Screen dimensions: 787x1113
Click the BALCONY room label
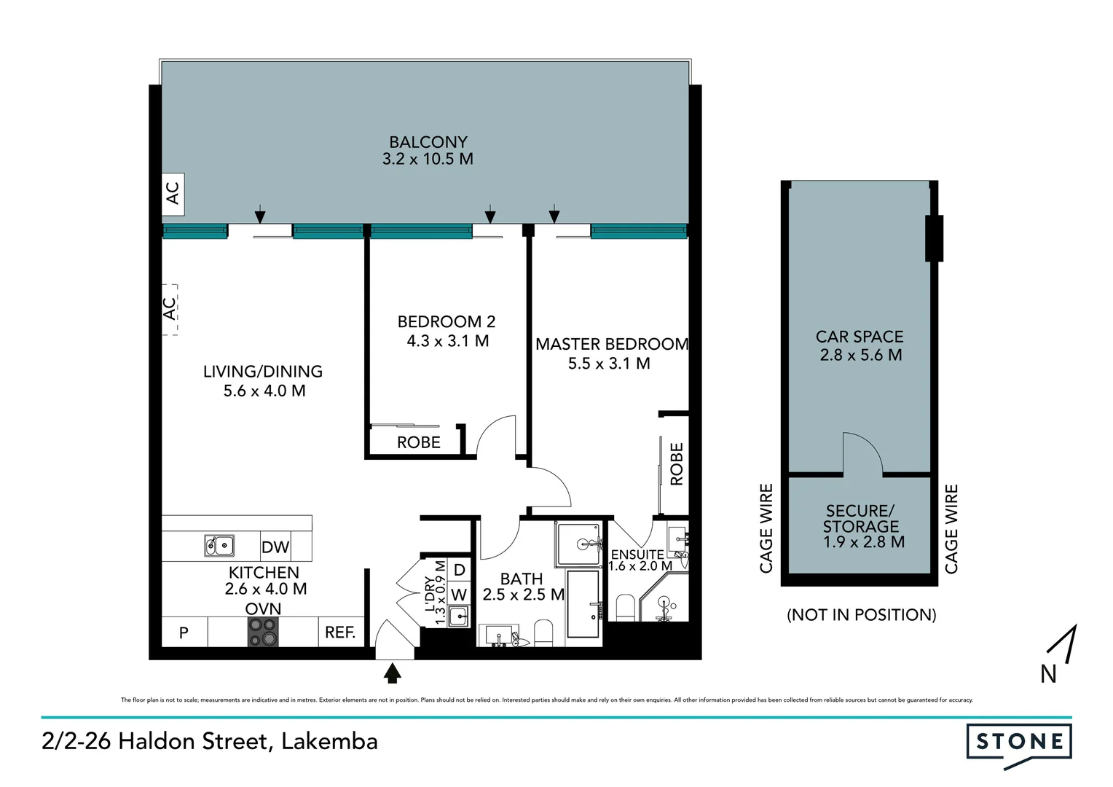pyautogui.click(x=428, y=142)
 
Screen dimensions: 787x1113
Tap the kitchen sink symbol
pyautogui.click(x=219, y=545)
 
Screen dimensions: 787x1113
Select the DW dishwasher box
pyautogui.click(x=275, y=547)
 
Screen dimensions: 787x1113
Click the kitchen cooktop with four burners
pyautogui.click(x=263, y=633)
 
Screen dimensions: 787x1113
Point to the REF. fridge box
pyautogui.click(x=340, y=633)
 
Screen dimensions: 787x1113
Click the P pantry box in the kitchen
pyautogui.click(x=184, y=633)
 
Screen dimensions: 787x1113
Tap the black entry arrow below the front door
pyautogui.click(x=393, y=673)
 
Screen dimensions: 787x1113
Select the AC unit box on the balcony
pyautogui.click(x=173, y=194)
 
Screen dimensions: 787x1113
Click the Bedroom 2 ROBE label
pyautogui.click(x=418, y=442)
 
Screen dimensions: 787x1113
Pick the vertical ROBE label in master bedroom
pyautogui.click(x=677, y=464)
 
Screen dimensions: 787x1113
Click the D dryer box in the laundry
pyautogui.click(x=459, y=570)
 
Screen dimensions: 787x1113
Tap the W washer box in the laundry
pyautogui.click(x=458, y=595)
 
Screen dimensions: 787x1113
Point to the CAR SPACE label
pyautogui.click(x=860, y=337)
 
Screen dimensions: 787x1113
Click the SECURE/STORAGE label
pyautogui.click(x=860, y=518)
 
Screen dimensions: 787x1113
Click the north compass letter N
pyautogui.click(x=1048, y=675)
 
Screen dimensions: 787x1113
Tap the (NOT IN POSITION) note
pyautogui.click(x=861, y=614)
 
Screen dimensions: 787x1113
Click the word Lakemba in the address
pyautogui.click(x=329, y=741)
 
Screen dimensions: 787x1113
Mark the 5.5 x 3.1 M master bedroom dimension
pyautogui.click(x=609, y=364)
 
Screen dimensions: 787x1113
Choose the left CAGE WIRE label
pyautogui.click(x=766, y=528)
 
